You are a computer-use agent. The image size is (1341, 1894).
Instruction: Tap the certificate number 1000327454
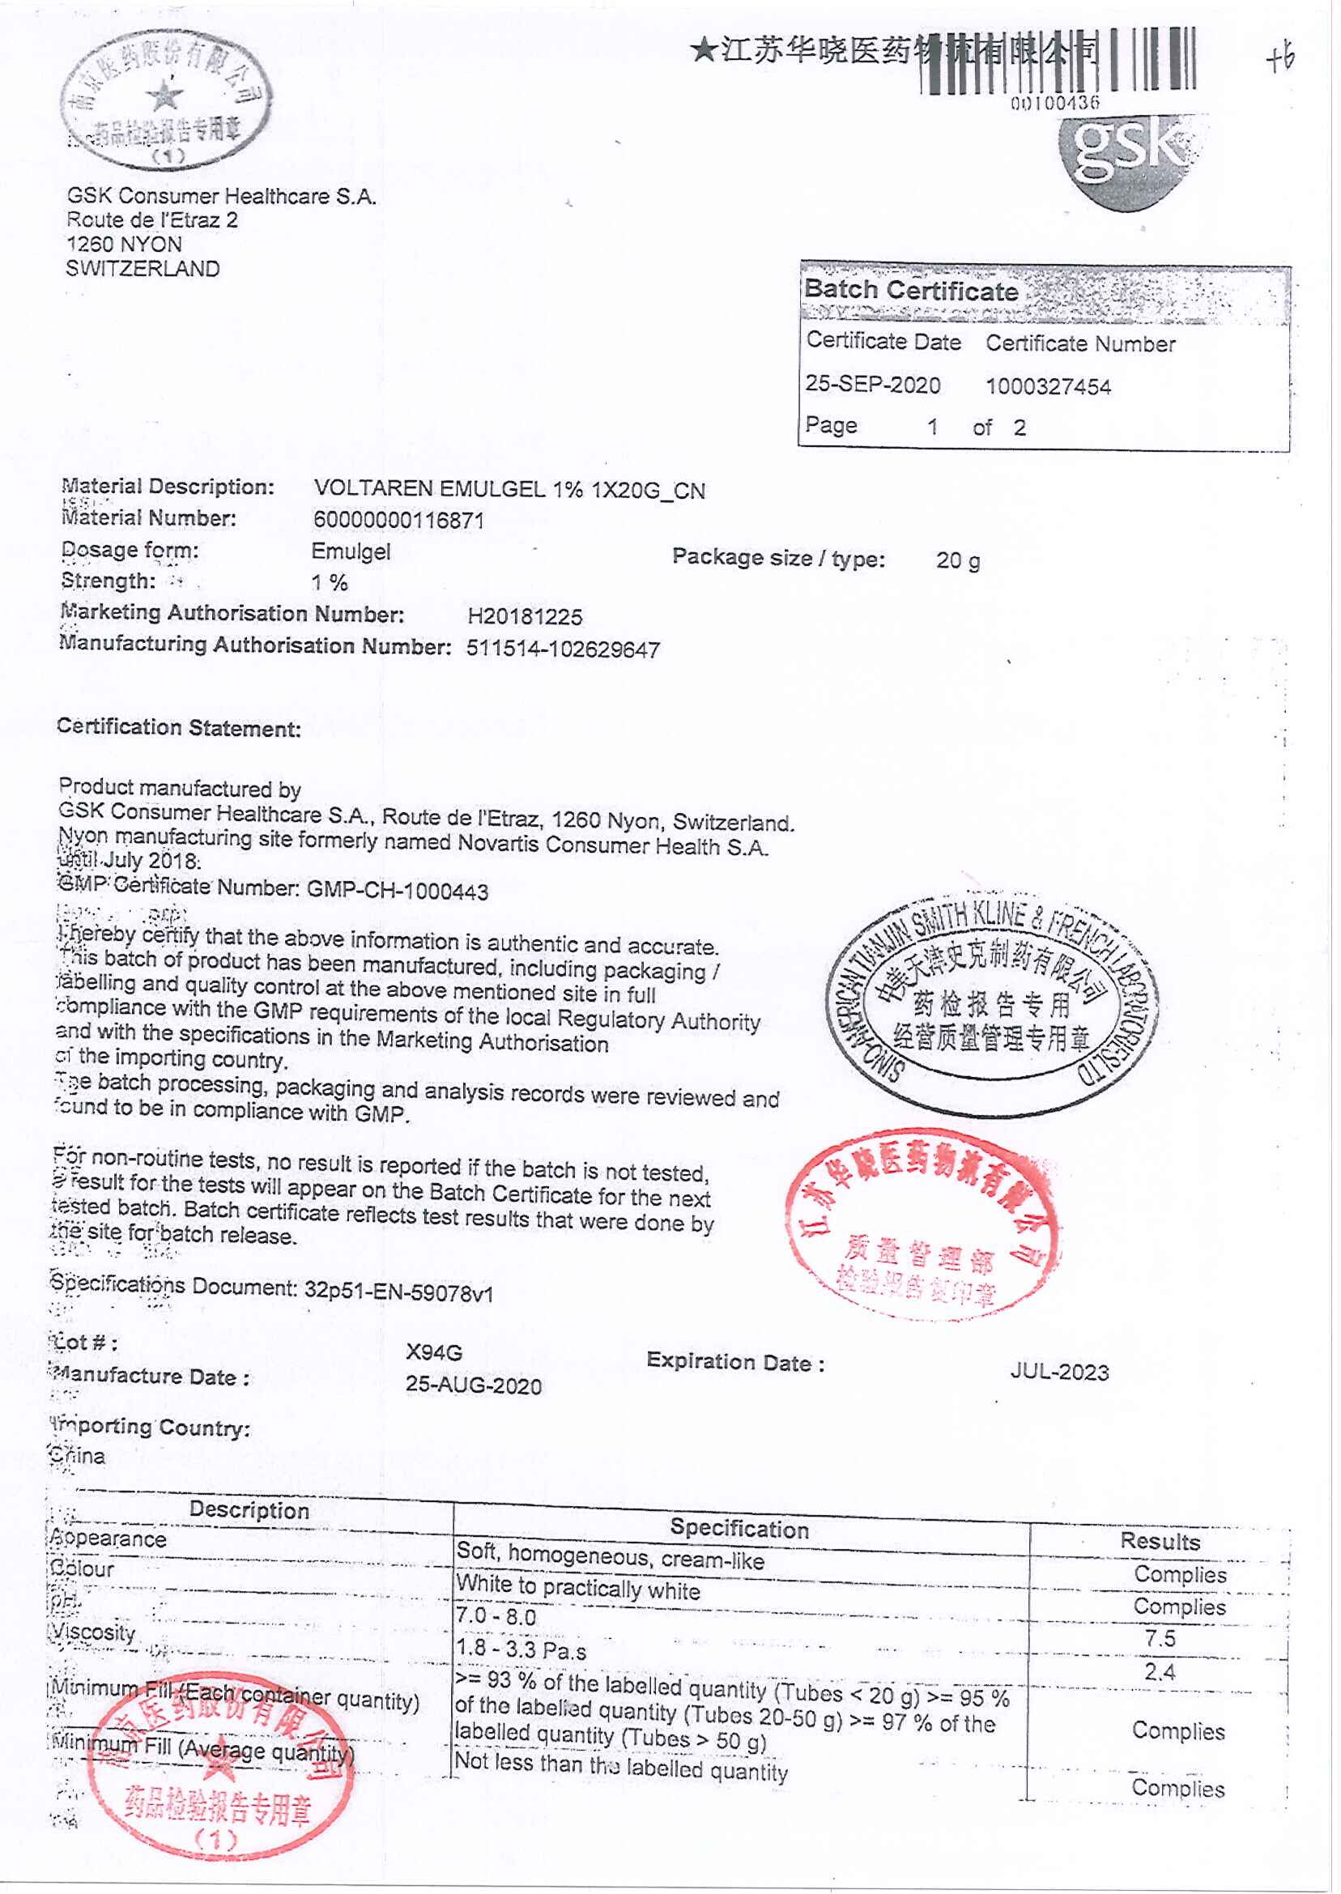[x=1048, y=386]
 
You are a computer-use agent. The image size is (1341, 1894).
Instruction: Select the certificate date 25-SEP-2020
[x=872, y=385]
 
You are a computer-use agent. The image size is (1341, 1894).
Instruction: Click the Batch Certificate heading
[x=911, y=291]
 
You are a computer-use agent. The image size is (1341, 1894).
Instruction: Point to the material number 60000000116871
[x=398, y=520]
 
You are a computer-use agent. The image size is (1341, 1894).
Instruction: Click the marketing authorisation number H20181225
[x=525, y=617]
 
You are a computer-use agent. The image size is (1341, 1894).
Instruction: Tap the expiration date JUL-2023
[x=1059, y=1373]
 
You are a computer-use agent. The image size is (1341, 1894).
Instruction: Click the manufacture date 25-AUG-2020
[x=473, y=1385]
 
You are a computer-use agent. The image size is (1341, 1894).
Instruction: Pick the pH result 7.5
[x=1160, y=1639]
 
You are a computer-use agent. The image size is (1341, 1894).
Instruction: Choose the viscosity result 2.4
[x=1160, y=1672]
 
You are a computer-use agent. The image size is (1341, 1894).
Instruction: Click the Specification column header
[x=739, y=1528]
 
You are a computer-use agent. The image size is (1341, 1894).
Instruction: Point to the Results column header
[x=1160, y=1541]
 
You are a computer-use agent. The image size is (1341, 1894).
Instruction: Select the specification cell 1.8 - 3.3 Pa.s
[x=521, y=1650]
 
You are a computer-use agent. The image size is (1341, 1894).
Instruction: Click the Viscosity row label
[x=92, y=1632]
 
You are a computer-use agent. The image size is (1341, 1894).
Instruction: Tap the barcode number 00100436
[x=1055, y=103]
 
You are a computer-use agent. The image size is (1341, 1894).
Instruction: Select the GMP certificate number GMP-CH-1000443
[x=397, y=891]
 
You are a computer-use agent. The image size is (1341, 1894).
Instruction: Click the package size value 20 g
[x=958, y=560]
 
